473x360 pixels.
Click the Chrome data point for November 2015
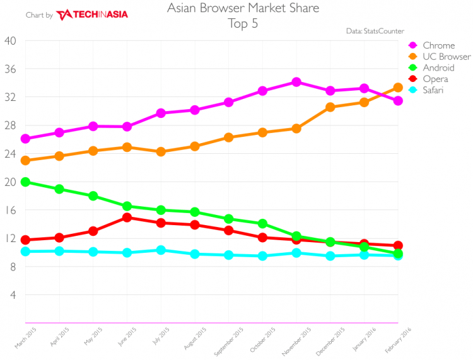(296, 82)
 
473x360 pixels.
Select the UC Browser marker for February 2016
(398, 88)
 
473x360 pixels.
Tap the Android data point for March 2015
(25, 182)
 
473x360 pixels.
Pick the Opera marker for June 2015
(127, 218)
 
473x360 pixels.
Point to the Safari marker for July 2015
(161, 250)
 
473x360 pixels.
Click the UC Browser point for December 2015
(330, 107)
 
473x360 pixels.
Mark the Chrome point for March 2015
(25, 139)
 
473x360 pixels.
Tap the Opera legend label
(436, 79)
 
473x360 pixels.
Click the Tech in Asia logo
(92, 15)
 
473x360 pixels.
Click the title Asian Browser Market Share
(243, 9)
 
